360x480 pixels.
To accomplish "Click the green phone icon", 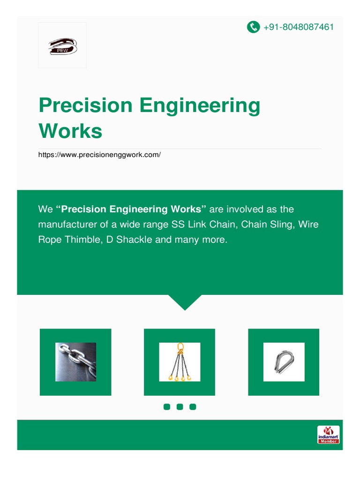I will click(253, 27).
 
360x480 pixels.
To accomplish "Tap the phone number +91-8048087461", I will click(299, 27).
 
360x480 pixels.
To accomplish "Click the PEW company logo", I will click(62, 45).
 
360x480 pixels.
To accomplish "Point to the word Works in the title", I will click(70, 131).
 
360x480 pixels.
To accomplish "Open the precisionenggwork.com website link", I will click(99, 154).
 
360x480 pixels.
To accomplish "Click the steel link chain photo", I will click(75, 362).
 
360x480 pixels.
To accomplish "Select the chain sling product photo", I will click(180, 362).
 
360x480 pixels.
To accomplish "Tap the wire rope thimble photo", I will click(284, 362).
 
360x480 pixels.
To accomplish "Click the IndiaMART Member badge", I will click(328, 435).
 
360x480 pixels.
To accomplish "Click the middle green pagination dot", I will click(180, 407).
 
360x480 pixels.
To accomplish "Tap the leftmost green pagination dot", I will click(166, 407).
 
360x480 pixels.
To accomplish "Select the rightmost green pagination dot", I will click(193, 407).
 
